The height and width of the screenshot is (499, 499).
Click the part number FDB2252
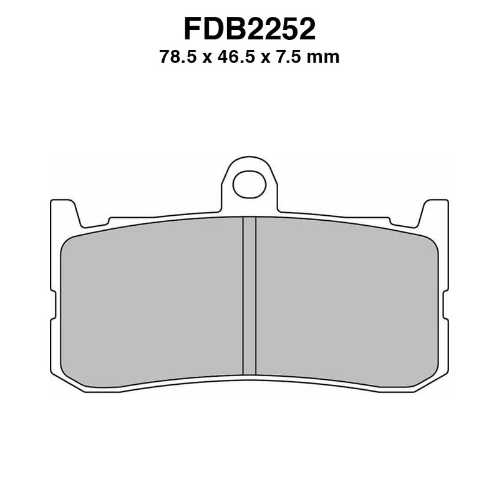coord(249,29)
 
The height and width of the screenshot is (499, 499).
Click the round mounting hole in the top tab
coord(249,184)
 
